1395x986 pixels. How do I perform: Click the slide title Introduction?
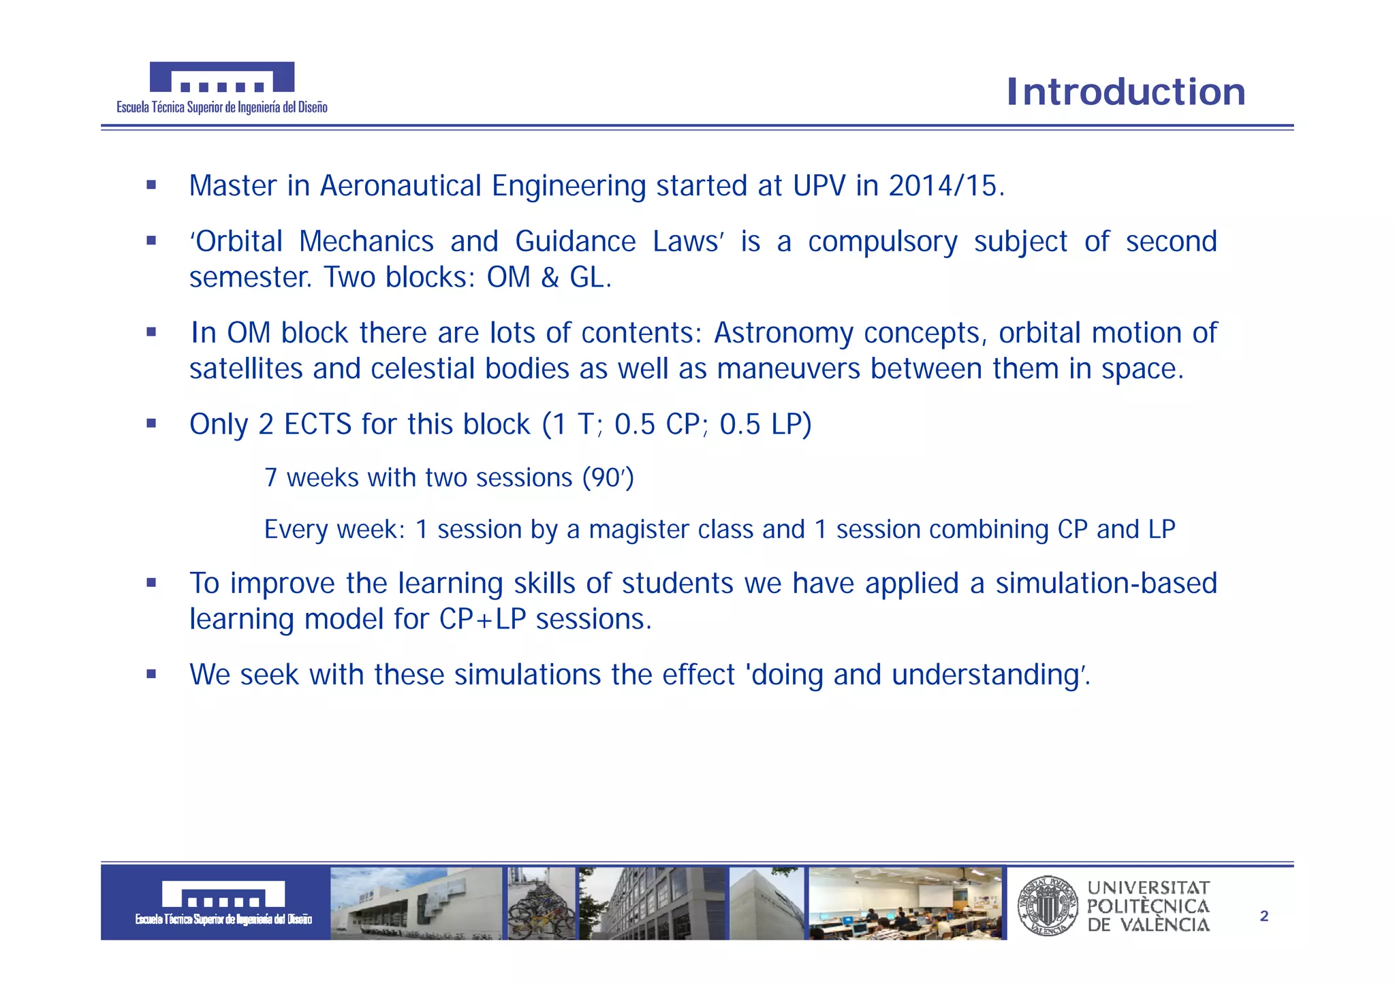point(1126,92)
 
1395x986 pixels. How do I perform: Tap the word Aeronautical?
point(401,186)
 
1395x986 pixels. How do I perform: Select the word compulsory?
point(882,242)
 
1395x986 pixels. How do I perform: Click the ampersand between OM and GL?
point(550,278)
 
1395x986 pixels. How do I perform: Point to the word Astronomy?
point(783,334)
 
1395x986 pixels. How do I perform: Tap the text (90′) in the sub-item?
point(608,477)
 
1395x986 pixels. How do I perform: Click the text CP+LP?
point(482,620)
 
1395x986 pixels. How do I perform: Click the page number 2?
point(1264,917)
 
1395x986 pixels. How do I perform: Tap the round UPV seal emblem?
point(1047,906)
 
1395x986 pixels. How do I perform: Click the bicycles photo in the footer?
point(541,904)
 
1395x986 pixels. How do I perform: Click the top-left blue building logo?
point(222,77)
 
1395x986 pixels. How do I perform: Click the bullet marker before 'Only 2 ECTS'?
point(151,424)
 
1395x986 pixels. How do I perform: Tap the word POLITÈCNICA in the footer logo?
point(1148,906)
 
